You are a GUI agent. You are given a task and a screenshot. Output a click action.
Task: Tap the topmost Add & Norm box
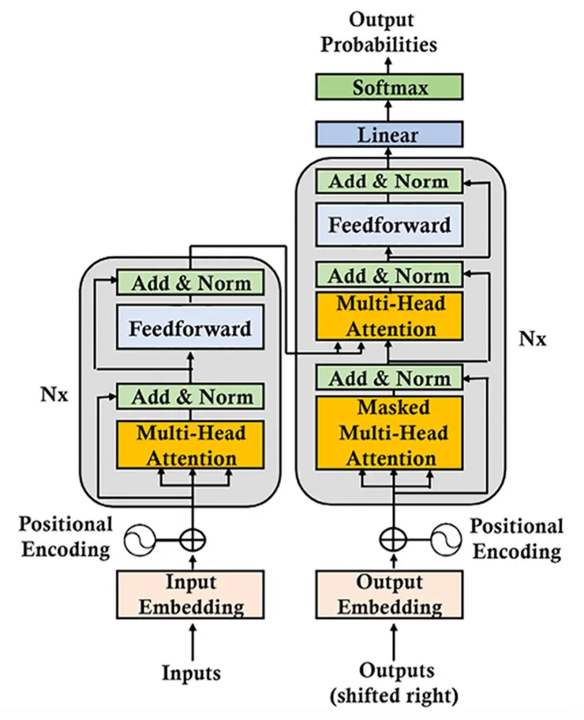pos(388,181)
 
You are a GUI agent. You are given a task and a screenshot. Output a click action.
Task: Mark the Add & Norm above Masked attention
pos(389,378)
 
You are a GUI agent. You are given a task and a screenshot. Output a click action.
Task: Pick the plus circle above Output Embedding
pos(391,540)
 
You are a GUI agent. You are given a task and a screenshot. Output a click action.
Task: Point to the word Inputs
pos(192,673)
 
